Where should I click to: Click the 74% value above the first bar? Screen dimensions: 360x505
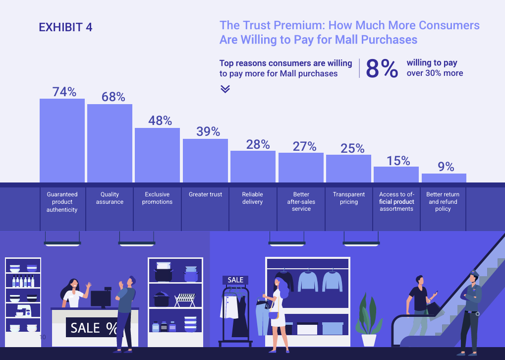[x=64, y=92]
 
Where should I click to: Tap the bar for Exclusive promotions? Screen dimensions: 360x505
[x=157, y=155]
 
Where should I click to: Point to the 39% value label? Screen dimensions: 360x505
[x=208, y=131]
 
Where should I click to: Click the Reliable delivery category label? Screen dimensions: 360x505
[x=253, y=198]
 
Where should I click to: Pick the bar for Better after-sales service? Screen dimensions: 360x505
[x=301, y=167]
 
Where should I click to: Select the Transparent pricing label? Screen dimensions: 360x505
[x=349, y=198]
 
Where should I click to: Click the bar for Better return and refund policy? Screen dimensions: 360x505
[x=444, y=178]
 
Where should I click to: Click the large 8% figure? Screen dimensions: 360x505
[x=382, y=69]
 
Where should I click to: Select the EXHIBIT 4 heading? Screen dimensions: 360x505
[x=65, y=27]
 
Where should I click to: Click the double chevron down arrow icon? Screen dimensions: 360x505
[x=225, y=89]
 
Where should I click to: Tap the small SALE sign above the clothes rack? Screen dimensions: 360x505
[x=235, y=280]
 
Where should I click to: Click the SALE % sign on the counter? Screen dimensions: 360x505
[x=94, y=328]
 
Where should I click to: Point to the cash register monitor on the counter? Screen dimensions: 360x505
[x=101, y=299]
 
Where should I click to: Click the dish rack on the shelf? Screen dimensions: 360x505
[x=185, y=300]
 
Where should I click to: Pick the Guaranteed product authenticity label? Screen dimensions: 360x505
[x=62, y=202]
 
